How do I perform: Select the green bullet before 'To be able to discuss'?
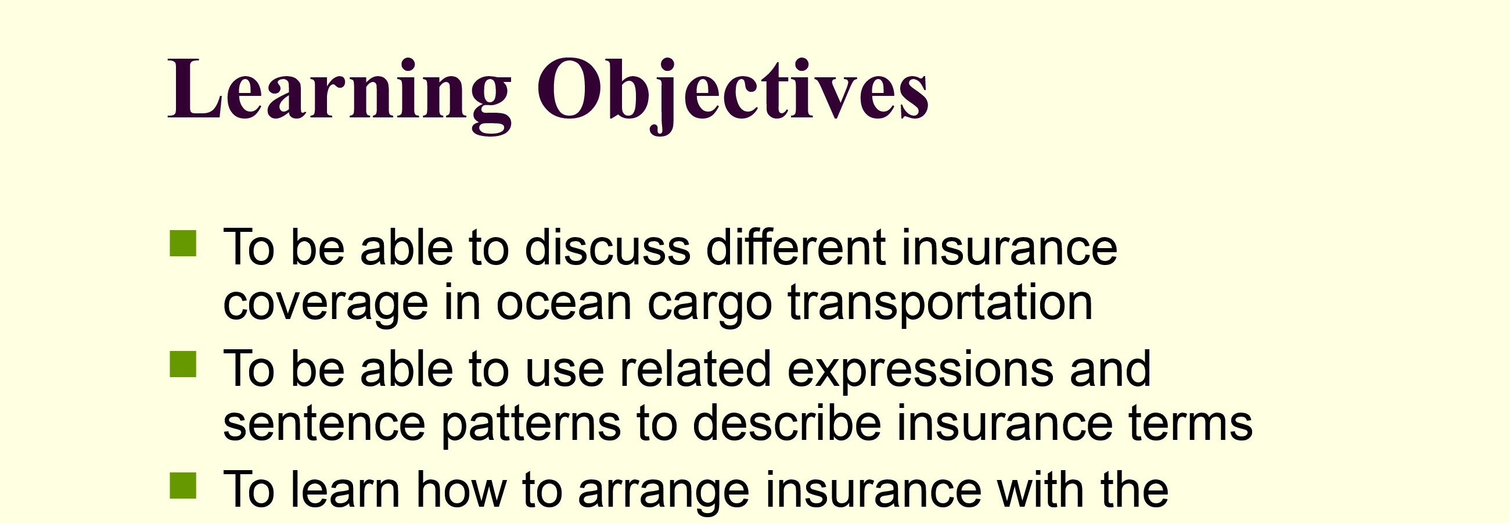(183, 243)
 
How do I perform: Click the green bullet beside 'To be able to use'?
(183, 364)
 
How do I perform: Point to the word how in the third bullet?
(461, 488)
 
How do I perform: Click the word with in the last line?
(1042, 488)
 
